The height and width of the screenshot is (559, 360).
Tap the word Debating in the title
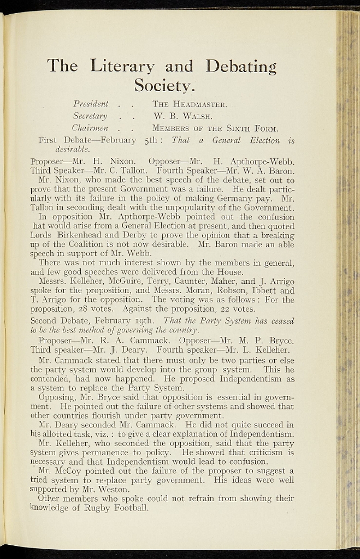(241, 67)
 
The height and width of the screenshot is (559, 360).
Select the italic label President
(90, 104)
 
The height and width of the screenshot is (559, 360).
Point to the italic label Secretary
(90, 116)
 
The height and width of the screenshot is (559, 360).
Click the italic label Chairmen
(91, 129)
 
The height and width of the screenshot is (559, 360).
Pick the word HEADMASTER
(200, 104)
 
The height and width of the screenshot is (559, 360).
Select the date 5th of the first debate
(147, 140)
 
